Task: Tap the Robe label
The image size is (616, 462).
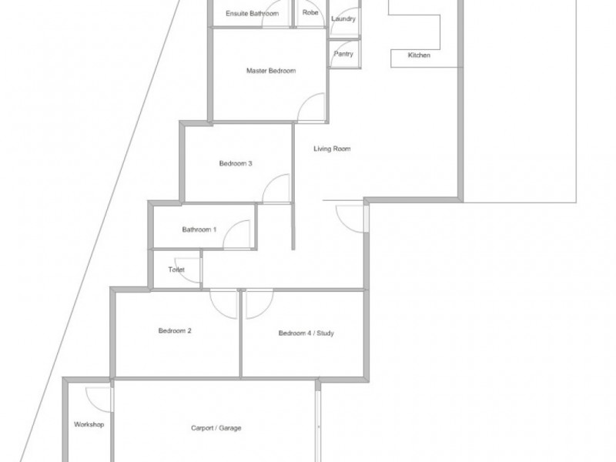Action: tap(310, 13)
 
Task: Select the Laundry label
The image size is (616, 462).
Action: tap(343, 18)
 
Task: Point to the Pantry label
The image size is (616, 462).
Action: tap(343, 54)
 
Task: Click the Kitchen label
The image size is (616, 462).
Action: tap(419, 56)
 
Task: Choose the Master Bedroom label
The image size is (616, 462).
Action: tap(271, 72)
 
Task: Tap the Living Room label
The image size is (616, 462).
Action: tap(332, 149)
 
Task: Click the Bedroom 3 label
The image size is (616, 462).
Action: tap(236, 163)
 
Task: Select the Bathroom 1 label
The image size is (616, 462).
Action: tap(199, 229)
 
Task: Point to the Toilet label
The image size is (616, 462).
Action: tap(176, 269)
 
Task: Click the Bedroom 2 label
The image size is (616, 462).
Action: tap(175, 331)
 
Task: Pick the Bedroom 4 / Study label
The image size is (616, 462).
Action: tap(306, 333)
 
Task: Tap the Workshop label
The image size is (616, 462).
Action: tap(89, 424)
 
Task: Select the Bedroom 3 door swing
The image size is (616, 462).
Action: tap(275, 189)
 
